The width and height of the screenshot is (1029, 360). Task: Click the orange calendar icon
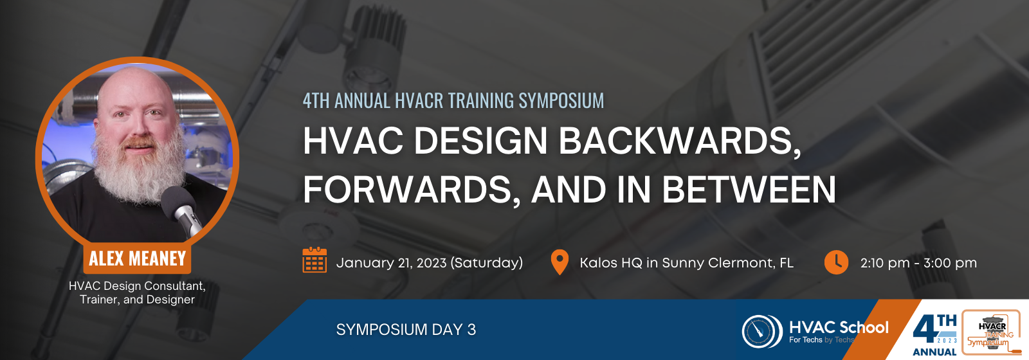[x=314, y=260]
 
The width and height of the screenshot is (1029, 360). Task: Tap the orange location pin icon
[x=560, y=262]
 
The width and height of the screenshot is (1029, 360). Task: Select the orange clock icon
[x=836, y=262]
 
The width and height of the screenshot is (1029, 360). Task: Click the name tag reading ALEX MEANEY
[x=137, y=258]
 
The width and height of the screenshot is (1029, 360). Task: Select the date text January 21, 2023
[x=392, y=263]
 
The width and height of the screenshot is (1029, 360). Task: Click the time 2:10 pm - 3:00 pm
[x=919, y=263]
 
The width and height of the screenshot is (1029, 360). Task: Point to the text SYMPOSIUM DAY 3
[x=406, y=330]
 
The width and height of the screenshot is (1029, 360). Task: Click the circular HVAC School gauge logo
[x=762, y=331]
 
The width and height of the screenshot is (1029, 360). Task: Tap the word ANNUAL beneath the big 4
[x=934, y=352]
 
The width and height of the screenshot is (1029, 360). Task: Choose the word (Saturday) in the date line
[x=486, y=263]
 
